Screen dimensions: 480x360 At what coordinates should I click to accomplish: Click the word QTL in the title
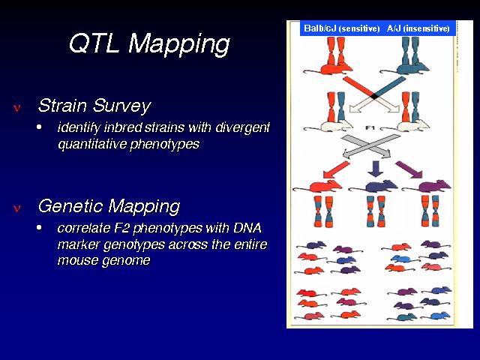[x=94, y=43]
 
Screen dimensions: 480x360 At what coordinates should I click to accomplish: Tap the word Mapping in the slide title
[x=179, y=45]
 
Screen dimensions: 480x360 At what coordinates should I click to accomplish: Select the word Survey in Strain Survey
[x=121, y=106]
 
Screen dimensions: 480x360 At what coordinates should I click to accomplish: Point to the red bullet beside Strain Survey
[x=17, y=108]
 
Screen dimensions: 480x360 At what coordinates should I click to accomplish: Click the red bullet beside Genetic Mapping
[x=17, y=208]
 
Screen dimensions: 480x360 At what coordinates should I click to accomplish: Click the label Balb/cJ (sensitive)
[x=342, y=28]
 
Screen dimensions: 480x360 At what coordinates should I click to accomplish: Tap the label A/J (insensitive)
[x=418, y=28]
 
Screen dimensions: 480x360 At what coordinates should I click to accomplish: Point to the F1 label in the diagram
[x=370, y=127]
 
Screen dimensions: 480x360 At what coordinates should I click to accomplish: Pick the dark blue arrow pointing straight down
[x=375, y=169]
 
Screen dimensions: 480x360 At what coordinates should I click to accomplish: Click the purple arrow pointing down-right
[x=409, y=169]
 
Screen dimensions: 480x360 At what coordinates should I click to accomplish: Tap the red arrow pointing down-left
[x=336, y=169]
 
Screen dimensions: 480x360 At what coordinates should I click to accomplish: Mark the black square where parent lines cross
[x=374, y=97]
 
